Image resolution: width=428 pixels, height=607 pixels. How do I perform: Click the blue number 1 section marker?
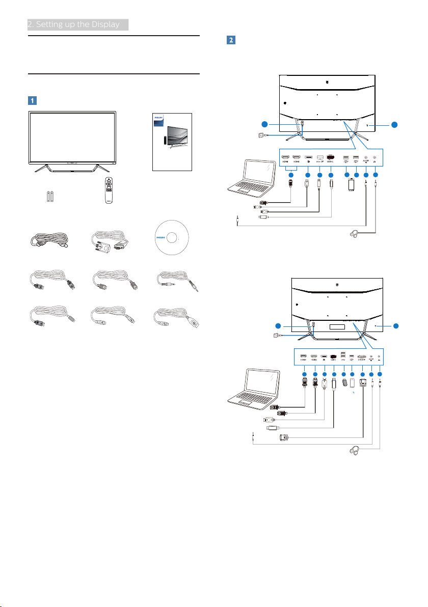coord(32,100)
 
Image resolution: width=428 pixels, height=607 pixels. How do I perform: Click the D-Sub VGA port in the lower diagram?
coord(362,357)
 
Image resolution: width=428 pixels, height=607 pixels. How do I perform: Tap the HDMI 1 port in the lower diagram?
coord(303,356)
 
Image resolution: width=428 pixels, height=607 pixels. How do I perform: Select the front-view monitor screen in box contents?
coord(72,136)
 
